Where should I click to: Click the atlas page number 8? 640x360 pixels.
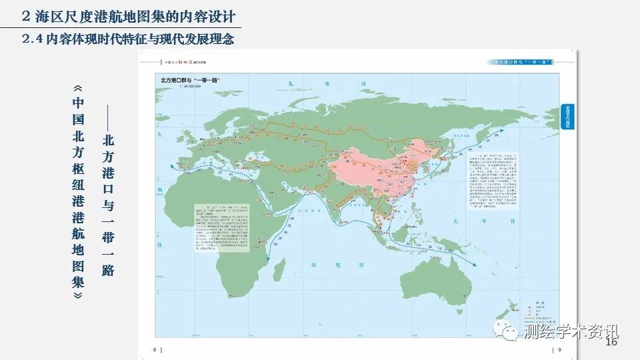tap(155, 349)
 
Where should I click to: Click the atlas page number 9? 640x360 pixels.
tap(559, 349)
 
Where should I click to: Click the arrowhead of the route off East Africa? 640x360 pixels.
tap(269, 255)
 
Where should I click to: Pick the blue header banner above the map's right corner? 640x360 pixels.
tap(520, 62)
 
